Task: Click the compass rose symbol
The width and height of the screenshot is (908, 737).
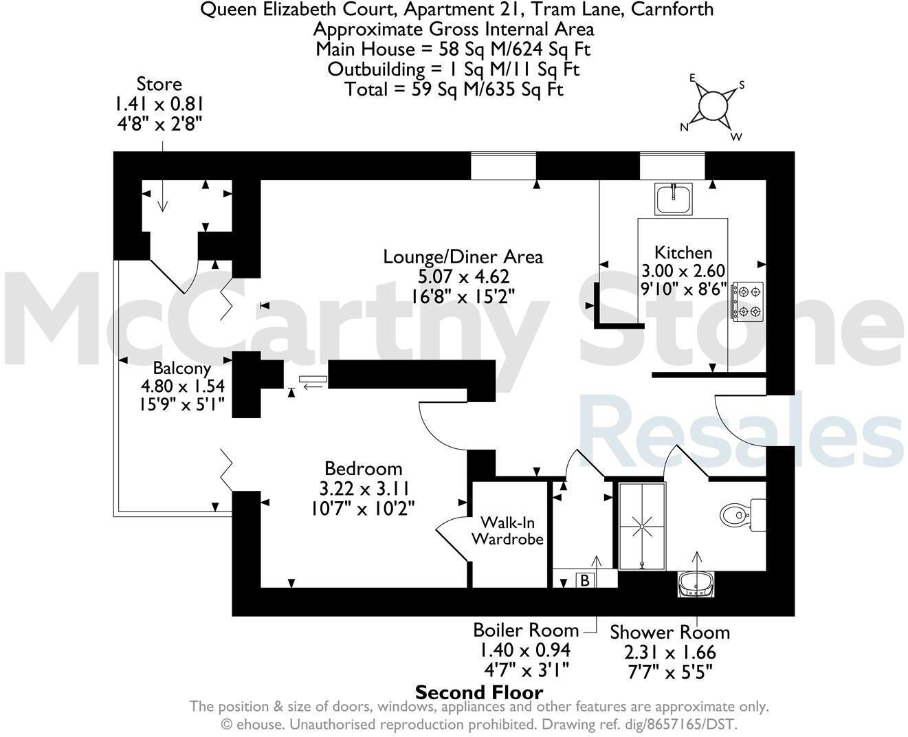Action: click(713, 106)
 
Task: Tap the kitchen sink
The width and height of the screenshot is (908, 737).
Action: click(674, 199)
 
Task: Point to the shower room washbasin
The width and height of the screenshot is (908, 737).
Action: click(696, 585)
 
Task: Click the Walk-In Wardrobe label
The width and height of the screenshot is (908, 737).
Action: click(507, 530)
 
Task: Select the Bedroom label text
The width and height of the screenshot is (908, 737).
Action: click(363, 469)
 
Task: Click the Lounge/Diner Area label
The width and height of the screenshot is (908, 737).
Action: click(463, 257)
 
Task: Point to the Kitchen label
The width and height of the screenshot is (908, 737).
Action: click(683, 252)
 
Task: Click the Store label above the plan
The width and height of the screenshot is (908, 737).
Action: click(159, 85)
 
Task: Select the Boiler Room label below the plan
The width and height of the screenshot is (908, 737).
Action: click(526, 630)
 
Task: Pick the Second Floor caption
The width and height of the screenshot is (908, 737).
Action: click(479, 692)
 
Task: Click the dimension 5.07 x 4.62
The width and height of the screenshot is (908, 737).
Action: click(463, 276)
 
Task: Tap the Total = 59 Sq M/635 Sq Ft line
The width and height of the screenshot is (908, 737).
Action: click(454, 89)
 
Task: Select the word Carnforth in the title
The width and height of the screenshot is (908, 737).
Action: click(675, 10)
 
